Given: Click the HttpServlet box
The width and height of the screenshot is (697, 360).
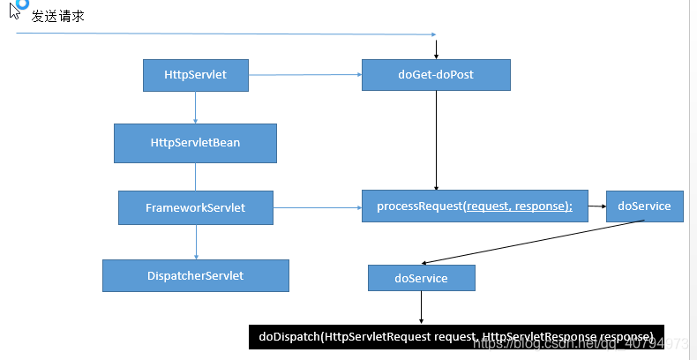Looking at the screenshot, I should coord(195,75).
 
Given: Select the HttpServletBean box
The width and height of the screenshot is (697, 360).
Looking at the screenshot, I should coord(195,142).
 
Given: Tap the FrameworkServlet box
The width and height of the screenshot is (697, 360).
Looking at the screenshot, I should coord(195,208).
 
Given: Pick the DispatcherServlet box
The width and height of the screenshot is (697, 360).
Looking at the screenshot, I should coord(195,275).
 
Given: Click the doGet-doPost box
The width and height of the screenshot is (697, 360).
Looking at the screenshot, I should coord(436,75).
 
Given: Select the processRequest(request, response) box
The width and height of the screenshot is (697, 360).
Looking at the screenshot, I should coord(475,206).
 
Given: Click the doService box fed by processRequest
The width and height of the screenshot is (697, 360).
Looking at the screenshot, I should coord(644,206).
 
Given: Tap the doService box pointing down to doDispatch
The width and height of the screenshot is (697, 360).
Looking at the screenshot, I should coord(421,278).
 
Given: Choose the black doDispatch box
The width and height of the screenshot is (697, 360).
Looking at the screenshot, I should coord(455,337).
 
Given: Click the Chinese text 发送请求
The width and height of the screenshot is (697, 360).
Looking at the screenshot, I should coord(58,16).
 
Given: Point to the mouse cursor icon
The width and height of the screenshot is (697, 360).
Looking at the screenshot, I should coord(15,12).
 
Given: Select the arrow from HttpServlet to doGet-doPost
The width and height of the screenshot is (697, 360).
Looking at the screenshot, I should coord(305,75).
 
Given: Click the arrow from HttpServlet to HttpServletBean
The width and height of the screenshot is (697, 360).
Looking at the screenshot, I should coord(195,107).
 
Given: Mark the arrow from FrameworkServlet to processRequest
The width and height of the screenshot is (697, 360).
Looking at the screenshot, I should coord(318,208).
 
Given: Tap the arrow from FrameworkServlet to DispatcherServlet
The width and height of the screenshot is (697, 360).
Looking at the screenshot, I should coord(195,241).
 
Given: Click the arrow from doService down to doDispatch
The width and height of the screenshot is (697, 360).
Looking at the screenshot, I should coord(421,307).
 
